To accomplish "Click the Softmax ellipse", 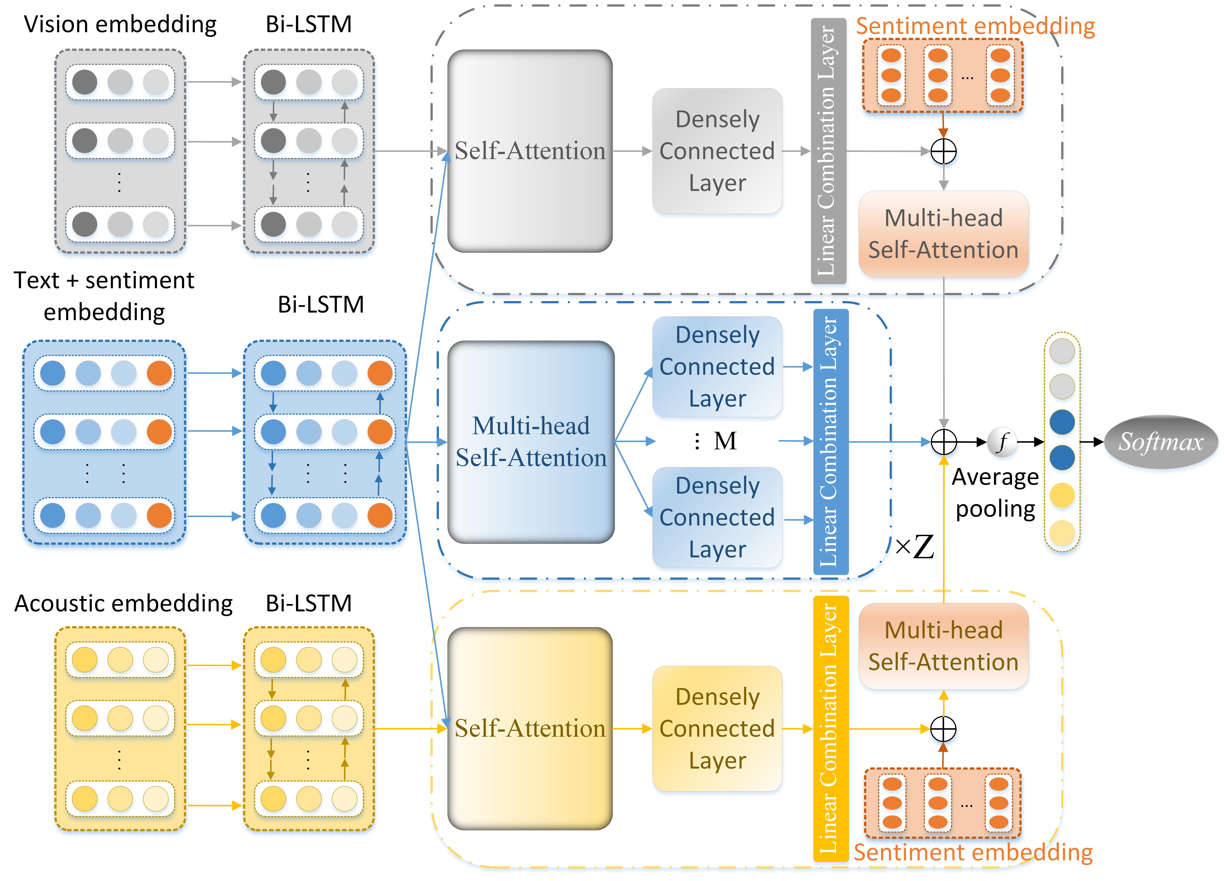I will coord(1160,442).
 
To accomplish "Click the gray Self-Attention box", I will coord(530,151).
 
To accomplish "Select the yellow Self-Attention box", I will coord(530,728).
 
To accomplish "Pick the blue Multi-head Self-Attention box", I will coord(531,442).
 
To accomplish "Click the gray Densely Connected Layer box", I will coord(717,151).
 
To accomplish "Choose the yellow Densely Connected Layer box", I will coord(717,728).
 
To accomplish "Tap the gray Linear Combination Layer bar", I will coord(828,151).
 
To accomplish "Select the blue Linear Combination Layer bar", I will coord(831,442).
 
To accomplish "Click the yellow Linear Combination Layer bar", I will coord(831,728).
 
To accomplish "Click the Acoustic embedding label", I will coord(124,603).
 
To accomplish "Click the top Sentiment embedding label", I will coord(975,26).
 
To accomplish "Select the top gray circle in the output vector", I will coord(1062,351).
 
